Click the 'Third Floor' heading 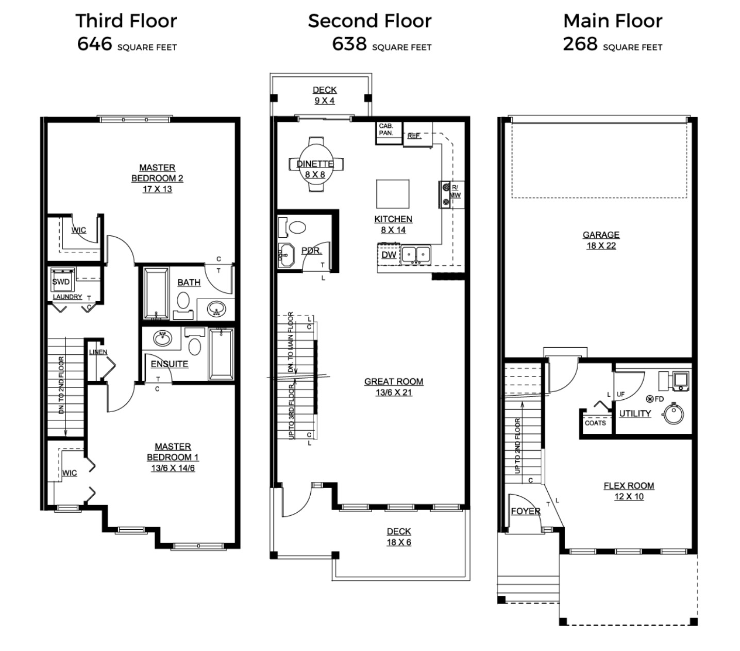[126, 21]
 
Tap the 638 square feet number [349, 44]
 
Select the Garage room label [601, 235]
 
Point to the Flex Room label [629, 486]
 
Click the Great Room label [394, 382]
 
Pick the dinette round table [315, 164]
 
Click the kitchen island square [393, 193]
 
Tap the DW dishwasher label [389, 255]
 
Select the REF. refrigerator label [414, 136]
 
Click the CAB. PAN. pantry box [387, 130]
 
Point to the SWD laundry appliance [61, 282]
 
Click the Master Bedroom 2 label [157, 173]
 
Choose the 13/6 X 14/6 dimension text [173, 468]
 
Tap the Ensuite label [169, 364]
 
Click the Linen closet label [98, 352]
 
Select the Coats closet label [595, 423]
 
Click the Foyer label [526, 511]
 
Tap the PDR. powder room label [311, 251]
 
